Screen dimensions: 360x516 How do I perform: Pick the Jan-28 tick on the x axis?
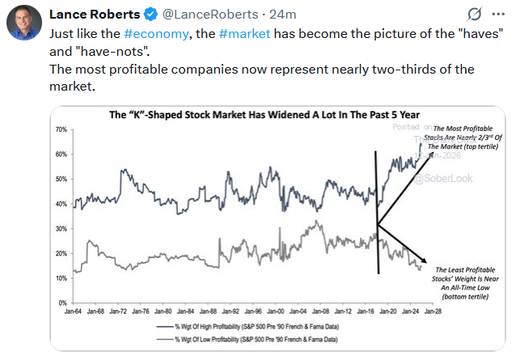[x=433, y=311]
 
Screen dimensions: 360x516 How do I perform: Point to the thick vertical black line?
[x=378, y=210]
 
